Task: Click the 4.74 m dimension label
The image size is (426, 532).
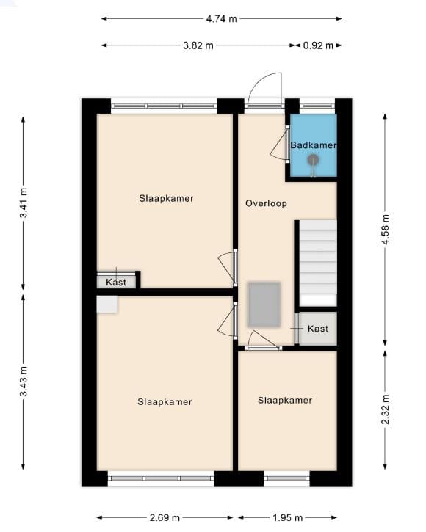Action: click(222, 19)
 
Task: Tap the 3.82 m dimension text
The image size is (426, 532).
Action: click(198, 45)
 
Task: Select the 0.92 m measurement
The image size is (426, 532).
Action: click(318, 45)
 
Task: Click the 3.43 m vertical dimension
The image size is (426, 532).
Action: click(24, 382)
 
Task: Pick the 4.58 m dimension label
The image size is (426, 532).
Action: click(384, 229)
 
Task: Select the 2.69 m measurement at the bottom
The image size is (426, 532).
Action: click(165, 518)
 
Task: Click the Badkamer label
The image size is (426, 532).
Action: click(313, 145)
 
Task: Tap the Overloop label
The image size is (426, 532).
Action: click(266, 203)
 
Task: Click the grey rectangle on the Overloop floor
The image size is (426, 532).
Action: click(264, 305)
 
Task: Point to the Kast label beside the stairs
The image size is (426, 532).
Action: click(318, 329)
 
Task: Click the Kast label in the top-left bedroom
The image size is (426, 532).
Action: click(116, 283)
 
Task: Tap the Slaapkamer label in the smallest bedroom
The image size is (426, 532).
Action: click(285, 400)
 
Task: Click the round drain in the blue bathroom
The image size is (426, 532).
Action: click(313, 160)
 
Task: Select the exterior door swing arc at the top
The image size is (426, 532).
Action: click(266, 88)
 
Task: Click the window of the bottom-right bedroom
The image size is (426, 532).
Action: click(286, 478)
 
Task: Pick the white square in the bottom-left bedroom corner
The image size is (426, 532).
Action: click(107, 305)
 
